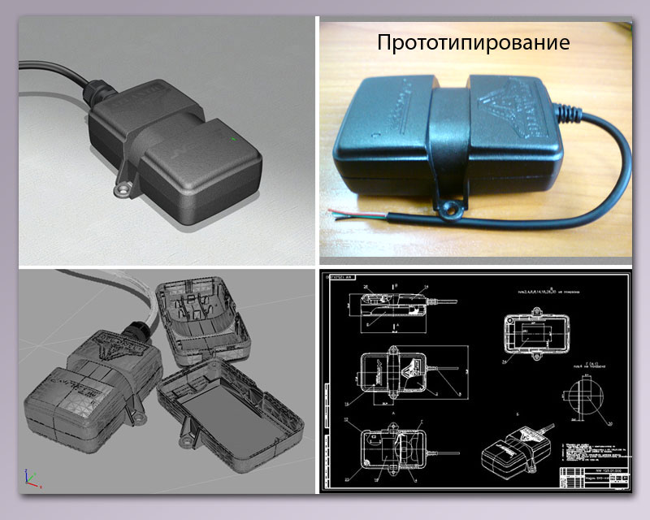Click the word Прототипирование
pyautogui.click(x=473, y=42)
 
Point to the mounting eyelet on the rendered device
pyautogui.click(x=122, y=189)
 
